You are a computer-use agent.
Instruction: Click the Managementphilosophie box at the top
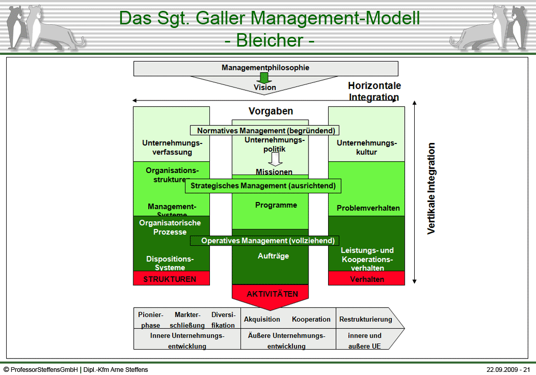coord(265,68)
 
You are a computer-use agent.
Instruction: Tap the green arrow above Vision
coord(265,78)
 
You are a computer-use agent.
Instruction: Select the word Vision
coord(264,88)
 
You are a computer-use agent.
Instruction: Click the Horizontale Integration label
coord(374,92)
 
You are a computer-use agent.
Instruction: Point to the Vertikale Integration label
coord(431,189)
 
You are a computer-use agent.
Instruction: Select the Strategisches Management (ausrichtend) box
coord(263,185)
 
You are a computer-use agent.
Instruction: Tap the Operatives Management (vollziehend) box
coord(264,241)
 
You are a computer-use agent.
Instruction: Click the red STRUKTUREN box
coord(171,279)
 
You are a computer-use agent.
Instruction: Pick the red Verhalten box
coord(366,279)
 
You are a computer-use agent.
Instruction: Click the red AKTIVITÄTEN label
coord(272,294)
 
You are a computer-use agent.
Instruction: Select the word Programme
coord(276,205)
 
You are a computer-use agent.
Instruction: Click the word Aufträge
coord(273,256)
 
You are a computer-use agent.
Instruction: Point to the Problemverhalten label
coord(368,208)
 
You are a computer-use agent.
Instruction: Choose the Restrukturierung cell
coord(365,319)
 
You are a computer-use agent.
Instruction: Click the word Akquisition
coord(262,319)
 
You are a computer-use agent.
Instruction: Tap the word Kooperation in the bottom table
coord(311,319)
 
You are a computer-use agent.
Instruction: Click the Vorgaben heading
coord(271,111)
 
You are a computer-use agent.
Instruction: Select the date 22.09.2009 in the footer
coord(499,370)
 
